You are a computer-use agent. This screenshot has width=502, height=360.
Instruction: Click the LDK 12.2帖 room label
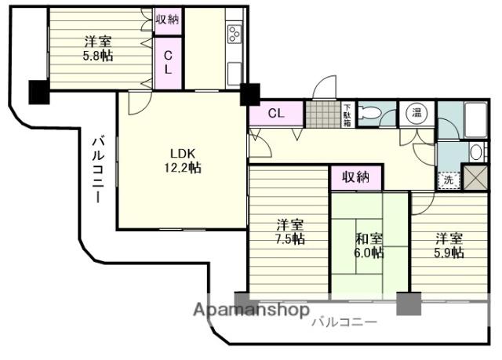point(183,161)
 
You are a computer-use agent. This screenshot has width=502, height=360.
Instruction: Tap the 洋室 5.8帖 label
point(98,49)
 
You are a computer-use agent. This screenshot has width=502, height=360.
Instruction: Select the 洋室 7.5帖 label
point(290,231)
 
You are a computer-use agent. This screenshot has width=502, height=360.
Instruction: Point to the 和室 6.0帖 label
point(369,245)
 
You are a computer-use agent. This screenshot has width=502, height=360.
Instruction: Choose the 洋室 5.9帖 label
point(449,245)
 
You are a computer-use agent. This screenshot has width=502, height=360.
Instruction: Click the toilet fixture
point(369,113)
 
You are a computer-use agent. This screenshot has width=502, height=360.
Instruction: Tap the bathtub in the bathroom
point(476,120)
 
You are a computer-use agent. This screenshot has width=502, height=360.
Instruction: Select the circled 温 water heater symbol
point(417,112)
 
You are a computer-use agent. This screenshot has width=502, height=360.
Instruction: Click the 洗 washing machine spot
point(449,181)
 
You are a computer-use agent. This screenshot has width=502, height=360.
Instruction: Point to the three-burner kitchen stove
point(235,33)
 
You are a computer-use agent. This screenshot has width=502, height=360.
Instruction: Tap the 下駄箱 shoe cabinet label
point(347,115)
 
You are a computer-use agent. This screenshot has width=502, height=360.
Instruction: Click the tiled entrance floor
point(323,114)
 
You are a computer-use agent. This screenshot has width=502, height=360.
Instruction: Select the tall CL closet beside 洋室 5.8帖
point(168,63)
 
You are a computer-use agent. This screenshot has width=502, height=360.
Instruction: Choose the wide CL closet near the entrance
point(276,113)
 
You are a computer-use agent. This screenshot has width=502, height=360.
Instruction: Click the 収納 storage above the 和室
point(356,177)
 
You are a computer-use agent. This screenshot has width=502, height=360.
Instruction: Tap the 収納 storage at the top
point(168,20)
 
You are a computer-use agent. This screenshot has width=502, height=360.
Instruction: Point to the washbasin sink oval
point(476,152)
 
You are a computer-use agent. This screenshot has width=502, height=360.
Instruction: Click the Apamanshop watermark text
point(252,310)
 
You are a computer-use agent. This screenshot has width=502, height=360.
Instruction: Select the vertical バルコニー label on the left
point(99,169)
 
